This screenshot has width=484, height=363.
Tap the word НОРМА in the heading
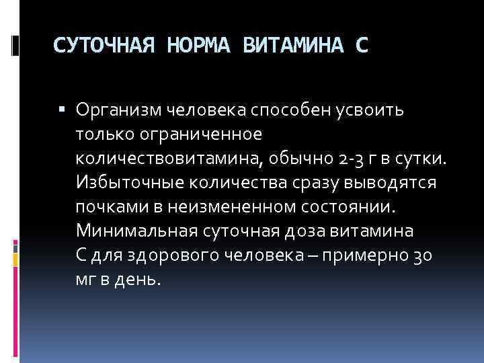(x=200, y=46)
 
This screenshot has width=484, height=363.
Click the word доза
(x=309, y=231)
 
